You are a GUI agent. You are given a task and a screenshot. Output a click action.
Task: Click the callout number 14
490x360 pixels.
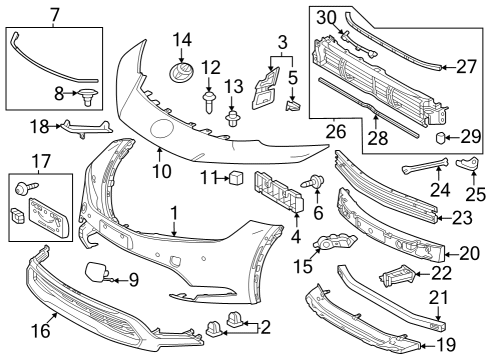(x=181, y=40)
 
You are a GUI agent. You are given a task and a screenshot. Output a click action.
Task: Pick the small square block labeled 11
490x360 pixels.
(x=238, y=179)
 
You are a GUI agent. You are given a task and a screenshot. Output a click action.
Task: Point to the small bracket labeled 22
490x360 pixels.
(x=396, y=276)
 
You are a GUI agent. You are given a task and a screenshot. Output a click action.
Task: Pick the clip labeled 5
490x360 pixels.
(x=294, y=103)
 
